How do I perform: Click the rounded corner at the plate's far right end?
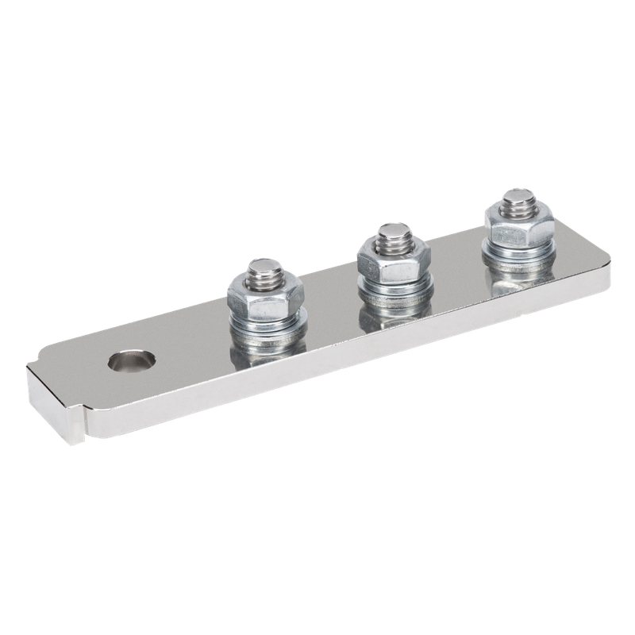607,263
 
